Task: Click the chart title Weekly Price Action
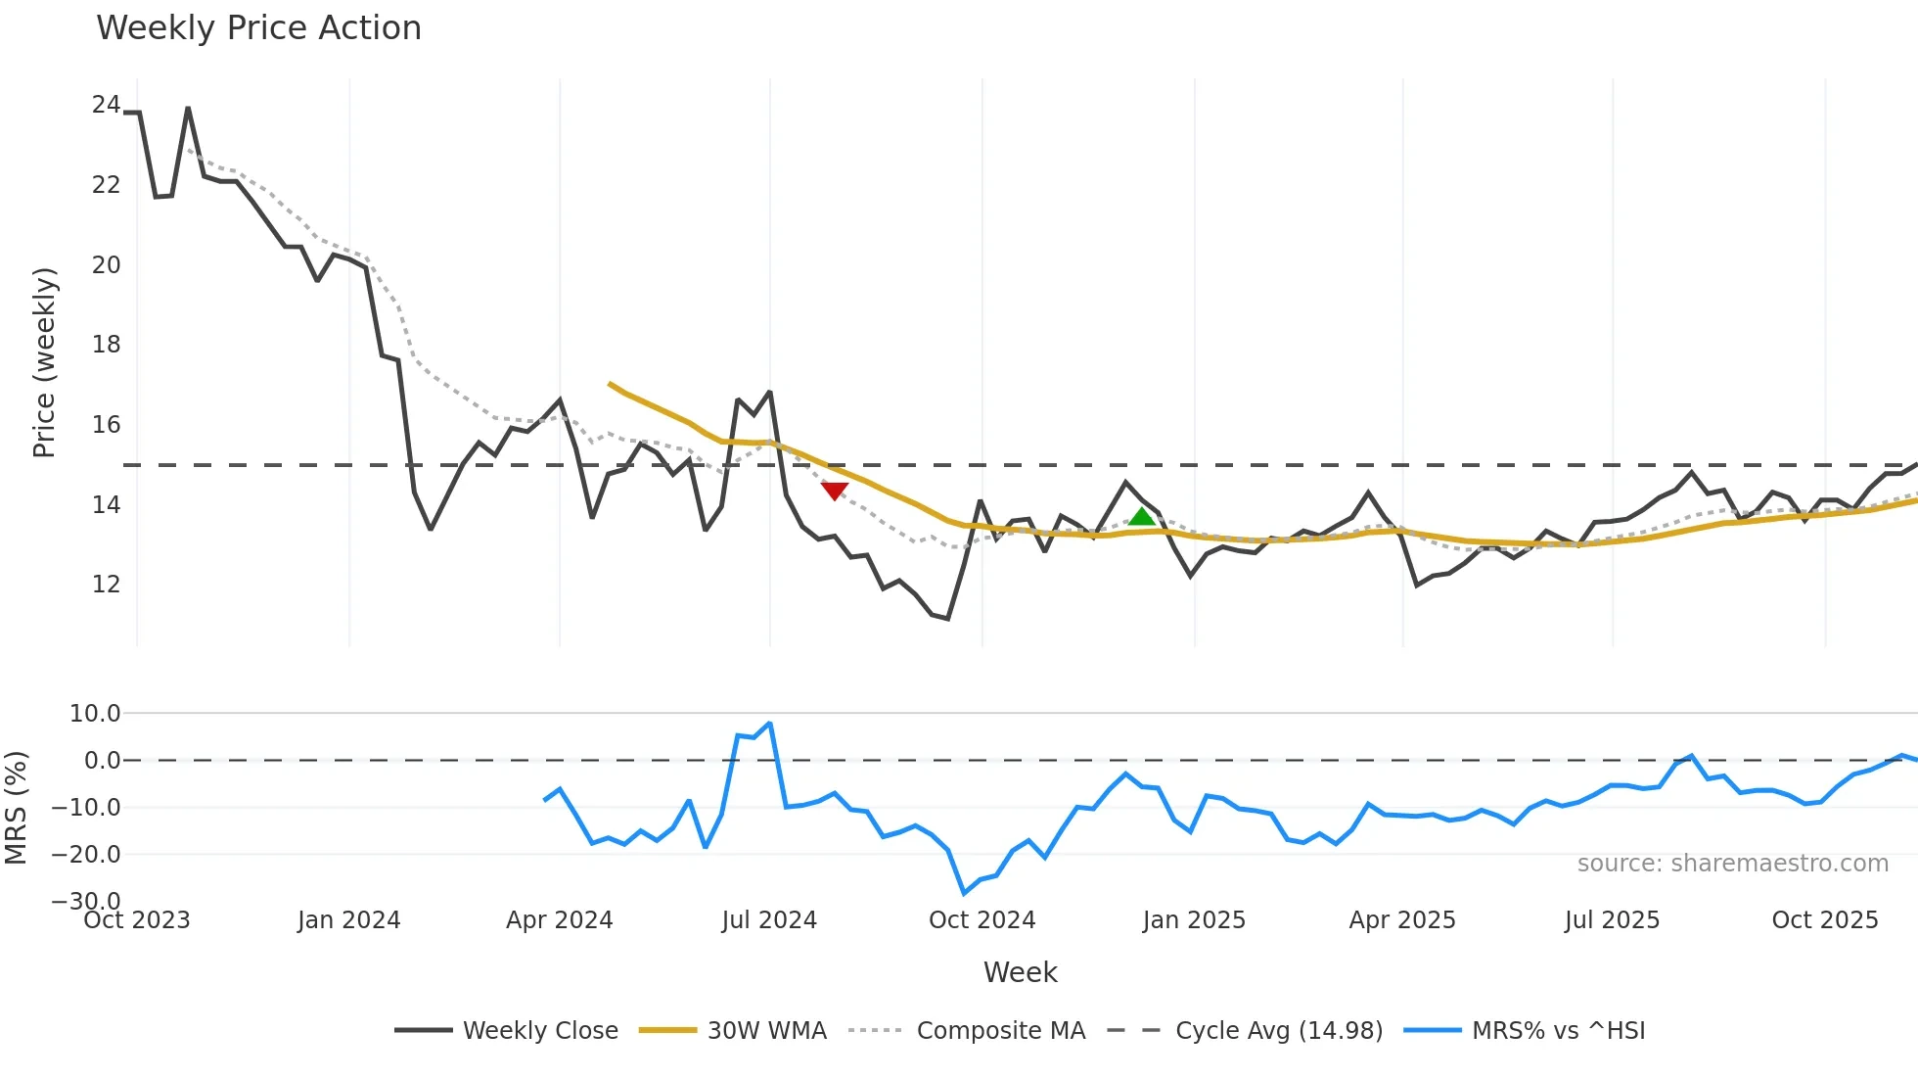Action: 258,28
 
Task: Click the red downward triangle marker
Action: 835,491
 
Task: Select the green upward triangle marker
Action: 1142,517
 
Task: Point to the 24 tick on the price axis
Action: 106,105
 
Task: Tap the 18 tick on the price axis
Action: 106,345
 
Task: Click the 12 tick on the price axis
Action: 106,585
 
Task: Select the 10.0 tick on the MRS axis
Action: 95,714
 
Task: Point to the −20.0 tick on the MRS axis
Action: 86,855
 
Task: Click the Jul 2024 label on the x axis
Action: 769,920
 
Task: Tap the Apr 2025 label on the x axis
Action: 1402,920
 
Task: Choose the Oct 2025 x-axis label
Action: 1825,920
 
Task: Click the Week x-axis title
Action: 1020,972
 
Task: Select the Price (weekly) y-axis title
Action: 44,362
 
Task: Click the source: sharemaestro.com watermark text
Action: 1732,864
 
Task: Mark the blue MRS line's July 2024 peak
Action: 770,724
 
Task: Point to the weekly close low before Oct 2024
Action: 947,618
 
